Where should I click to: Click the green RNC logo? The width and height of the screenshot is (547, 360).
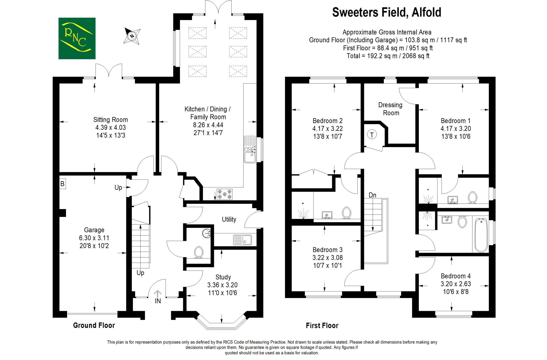click(77, 38)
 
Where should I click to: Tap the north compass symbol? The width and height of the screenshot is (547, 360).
click(132, 36)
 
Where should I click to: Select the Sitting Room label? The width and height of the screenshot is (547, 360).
click(110, 120)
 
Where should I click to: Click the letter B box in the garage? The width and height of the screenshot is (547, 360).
click(62, 184)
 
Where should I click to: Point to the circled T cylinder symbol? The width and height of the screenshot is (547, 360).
click(372, 135)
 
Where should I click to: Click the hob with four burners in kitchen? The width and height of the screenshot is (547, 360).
click(224, 194)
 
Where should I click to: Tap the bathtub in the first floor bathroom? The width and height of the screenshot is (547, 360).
click(481, 235)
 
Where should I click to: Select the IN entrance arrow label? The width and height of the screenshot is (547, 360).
click(158, 301)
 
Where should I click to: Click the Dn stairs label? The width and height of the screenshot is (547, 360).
click(372, 195)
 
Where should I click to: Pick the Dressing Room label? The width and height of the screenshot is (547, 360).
click(390, 109)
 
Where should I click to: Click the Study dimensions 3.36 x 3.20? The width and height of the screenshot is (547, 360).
click(222, 285)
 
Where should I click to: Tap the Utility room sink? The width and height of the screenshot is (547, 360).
click(242, 240)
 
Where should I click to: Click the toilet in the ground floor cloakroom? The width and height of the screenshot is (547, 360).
click(198, 252)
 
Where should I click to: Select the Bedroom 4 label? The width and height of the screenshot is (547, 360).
click(456, 276)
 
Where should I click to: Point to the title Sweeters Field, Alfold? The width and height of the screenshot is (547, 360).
click(386, 12)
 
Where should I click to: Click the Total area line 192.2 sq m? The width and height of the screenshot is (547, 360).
click(388, 56)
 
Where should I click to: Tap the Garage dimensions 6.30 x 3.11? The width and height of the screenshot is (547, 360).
click(94, 238)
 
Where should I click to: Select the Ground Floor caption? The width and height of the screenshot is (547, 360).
click(94, 325)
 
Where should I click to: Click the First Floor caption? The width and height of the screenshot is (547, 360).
click(322, 326)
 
